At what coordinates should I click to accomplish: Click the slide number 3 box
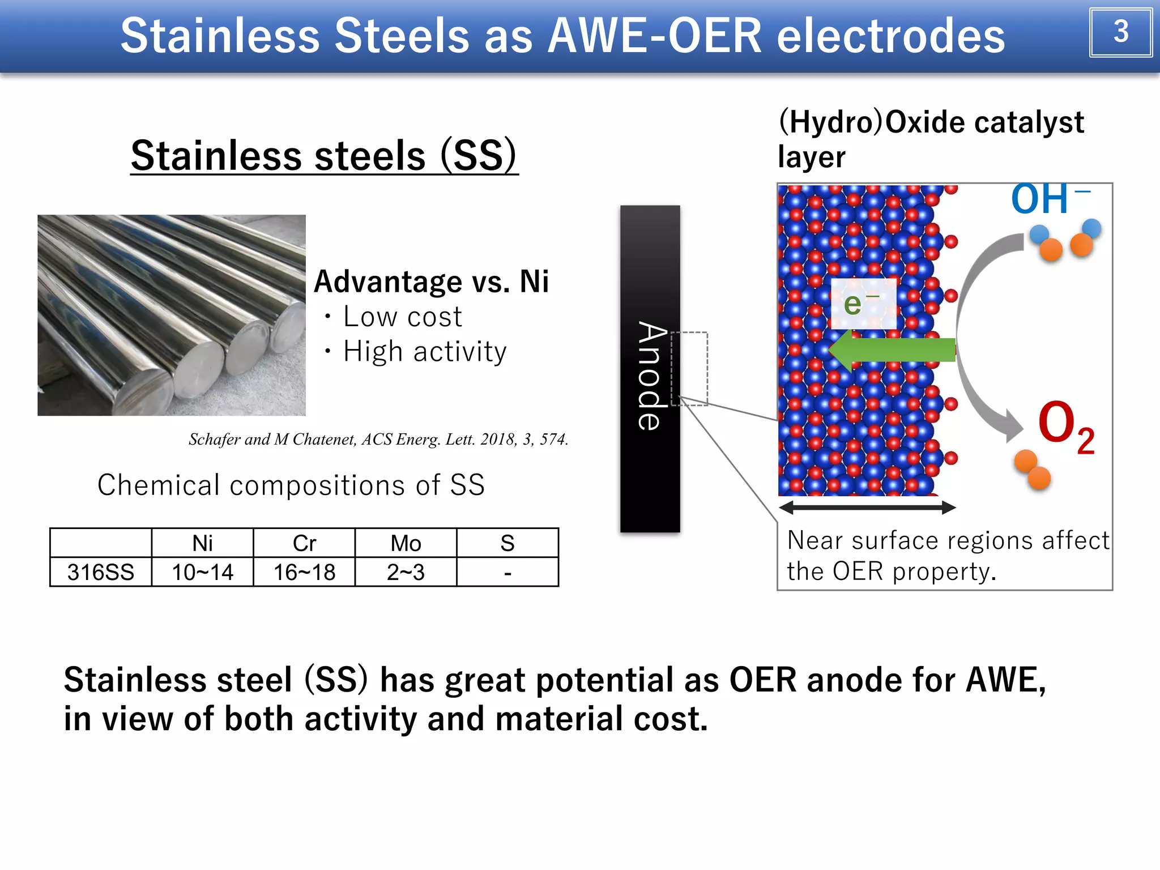(x=1120, y=32)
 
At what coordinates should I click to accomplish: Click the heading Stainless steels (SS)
(x=324, y=156)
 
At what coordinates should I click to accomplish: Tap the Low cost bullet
(x=402, y=317)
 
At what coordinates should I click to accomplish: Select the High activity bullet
(x=424, y=352)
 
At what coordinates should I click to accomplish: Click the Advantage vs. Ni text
(x=431, y=282)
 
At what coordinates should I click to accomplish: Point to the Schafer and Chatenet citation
(x=378, y=440)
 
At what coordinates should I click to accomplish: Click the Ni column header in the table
(x=202, y=543)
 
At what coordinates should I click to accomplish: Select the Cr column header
(x=304, y=543)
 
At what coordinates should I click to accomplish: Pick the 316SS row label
(x=101, y=572)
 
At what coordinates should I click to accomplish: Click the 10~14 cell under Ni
(x=202, y=572)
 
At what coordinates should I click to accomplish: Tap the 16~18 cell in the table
(x=304, y=572)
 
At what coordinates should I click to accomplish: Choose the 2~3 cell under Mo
(x=406, y=572)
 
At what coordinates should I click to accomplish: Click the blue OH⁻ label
(x=1048, y=199)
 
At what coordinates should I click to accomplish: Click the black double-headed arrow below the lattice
(x=867, y=507)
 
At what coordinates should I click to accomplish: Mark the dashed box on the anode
(x=689, y=369)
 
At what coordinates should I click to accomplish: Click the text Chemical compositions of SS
(x=291, y=485)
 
